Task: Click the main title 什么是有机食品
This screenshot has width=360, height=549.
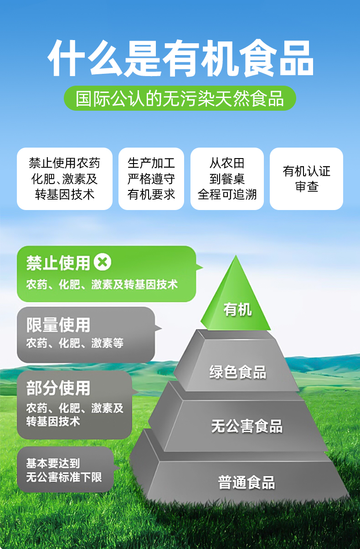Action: coord(180,59)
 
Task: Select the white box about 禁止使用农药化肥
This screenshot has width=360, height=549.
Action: coord(64,179)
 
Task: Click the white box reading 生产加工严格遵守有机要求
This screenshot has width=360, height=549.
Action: coord(151,179)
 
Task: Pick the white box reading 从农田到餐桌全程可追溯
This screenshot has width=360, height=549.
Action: coord(227,179)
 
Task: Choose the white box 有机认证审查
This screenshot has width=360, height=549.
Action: coord(306,179)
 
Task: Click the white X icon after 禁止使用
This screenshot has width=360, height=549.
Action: coord(103,262)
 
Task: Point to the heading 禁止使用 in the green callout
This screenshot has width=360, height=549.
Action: coord(58,263)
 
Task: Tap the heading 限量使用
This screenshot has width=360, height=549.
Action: coord(58,325)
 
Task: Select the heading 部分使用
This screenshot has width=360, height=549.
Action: coord(58,388)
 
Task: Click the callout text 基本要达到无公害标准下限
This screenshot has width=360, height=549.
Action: coord(64,470)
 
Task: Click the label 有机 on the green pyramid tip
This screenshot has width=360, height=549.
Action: coord(237,310)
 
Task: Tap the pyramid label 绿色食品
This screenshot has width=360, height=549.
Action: coord(237,372)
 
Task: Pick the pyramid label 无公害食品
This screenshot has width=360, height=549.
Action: coord(247,426)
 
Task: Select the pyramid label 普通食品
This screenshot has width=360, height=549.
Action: coord(247,482)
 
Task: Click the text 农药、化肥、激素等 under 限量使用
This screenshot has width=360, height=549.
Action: coord(75,343)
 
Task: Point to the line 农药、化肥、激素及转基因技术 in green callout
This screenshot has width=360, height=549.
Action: coord(102,285)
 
